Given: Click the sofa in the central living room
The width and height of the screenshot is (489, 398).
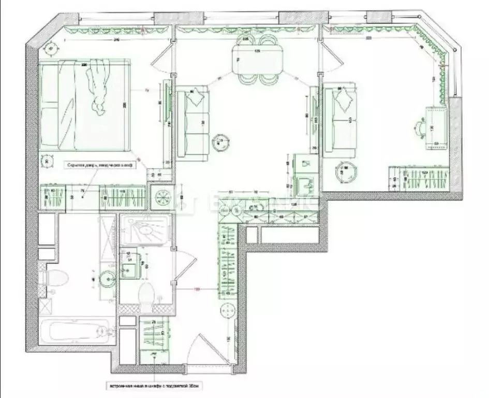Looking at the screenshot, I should tap(192, 123).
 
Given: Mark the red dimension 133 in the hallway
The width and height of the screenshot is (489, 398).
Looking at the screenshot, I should tap(197, 289).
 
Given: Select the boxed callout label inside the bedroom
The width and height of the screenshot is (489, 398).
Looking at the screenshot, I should tap(99, 165).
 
